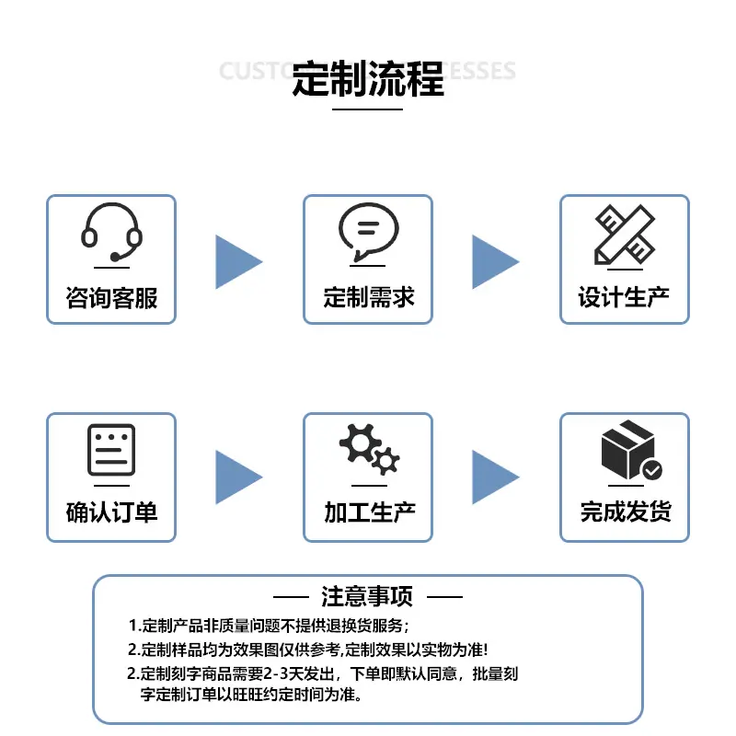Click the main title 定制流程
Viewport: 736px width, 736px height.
coord(368,78)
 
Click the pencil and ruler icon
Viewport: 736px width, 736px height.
coord(624,234)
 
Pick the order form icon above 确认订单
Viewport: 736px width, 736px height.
coord(111,450)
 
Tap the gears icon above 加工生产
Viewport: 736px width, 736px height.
coord(369,449)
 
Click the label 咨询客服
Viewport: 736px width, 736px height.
coord(111,297)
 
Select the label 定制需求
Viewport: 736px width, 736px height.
coord(368,297)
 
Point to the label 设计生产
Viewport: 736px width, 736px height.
coord(624,297)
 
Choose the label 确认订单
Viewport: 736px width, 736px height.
coord(111,512)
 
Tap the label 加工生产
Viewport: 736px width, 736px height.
coord(368,512)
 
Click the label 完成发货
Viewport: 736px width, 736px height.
coord(625,512)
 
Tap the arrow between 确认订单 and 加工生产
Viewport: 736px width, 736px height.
coord(237,477)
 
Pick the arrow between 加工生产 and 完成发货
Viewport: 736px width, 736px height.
coord(494,477)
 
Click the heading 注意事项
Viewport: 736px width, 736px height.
coord(367,596)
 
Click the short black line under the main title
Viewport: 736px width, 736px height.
coord(367,109)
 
